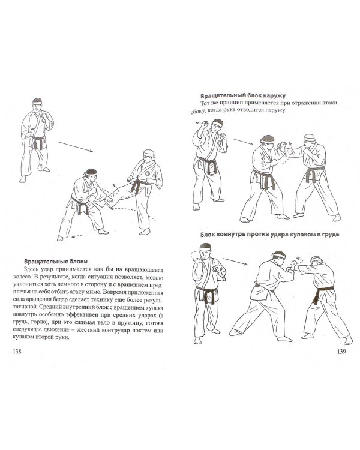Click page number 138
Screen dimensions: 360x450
pos(17,351)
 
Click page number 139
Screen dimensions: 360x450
pos(341,351)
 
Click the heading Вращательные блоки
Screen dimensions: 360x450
pos(56,262)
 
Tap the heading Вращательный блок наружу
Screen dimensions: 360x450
pos(243,95)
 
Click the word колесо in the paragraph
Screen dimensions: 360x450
pos(22,277)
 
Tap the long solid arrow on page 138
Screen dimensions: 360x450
pos(75,146)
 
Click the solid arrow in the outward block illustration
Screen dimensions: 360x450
pos(243,142)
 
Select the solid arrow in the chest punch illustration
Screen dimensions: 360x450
pos(235,262)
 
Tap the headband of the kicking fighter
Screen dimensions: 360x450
pos(149,154)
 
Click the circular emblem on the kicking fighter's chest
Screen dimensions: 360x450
pos(148,173)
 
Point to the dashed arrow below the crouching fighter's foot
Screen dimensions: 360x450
pos(80,236)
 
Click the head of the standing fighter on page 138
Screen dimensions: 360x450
pos(37,105)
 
